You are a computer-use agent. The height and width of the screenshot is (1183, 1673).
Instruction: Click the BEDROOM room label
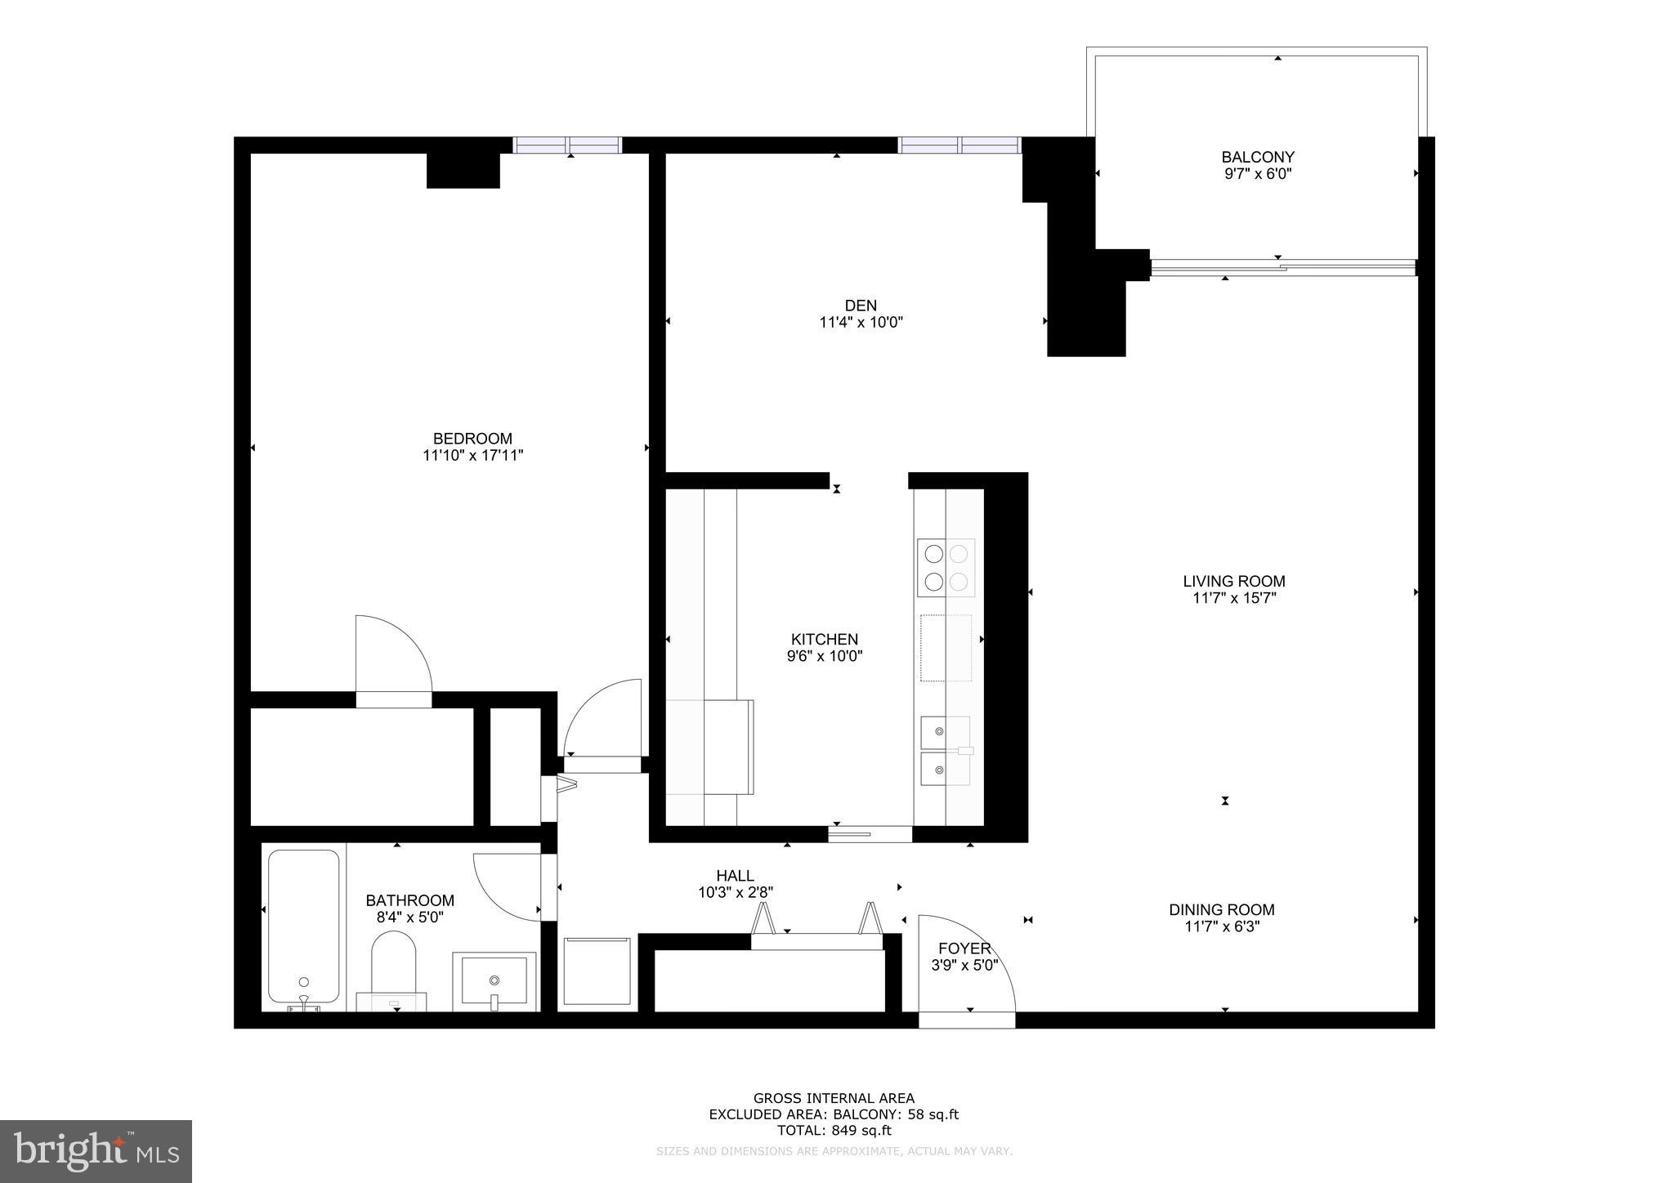click(472, 439)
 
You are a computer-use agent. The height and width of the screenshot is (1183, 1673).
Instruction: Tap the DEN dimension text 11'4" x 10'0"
click(861, 323)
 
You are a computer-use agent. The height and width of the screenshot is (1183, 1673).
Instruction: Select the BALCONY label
click(1257, 157)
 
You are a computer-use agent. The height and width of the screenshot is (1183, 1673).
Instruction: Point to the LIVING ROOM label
click(1233, 582)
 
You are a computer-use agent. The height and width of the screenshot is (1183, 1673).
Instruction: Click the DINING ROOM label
click(1221, 909)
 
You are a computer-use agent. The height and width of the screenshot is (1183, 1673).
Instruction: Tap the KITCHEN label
click(824, 640)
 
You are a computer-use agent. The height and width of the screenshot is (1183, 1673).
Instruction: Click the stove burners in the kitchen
click(946, 568)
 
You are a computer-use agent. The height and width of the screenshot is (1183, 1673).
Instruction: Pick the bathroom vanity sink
click(494, 980)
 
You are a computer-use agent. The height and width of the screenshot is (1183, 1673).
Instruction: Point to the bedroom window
click(567, 145)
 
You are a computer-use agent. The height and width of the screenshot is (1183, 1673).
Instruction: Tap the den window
click(959, 145)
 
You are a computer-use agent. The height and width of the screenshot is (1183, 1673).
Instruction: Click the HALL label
click(735, 876)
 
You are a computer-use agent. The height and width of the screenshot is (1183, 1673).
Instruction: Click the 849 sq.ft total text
click(834, 1131)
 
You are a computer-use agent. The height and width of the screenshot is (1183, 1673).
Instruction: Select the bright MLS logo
click(96, 1151)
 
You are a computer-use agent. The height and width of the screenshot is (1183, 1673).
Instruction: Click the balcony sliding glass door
click(1282, 267)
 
